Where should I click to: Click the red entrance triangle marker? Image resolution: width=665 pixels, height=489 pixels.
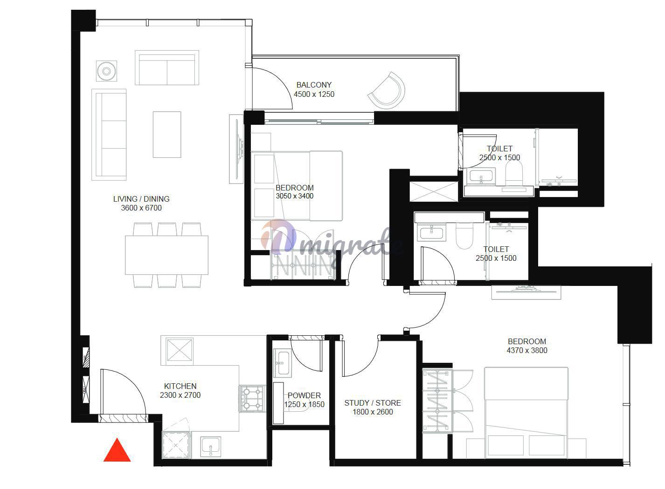point(117,451)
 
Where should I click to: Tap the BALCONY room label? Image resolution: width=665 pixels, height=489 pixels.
point(314,85)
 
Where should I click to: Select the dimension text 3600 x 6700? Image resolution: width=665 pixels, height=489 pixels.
point(141,208)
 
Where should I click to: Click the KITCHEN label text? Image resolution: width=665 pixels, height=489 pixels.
point(180,386)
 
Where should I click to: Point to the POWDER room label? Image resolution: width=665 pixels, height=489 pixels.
point(304,395)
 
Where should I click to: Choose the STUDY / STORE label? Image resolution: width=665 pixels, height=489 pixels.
point(373,403)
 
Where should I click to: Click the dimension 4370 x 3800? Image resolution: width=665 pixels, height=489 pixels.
point(527,350)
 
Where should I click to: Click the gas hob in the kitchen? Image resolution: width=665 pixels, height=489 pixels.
point(252,399)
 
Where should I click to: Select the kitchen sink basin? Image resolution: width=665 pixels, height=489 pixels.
point(210,447)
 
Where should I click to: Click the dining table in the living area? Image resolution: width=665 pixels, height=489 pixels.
point(166,255)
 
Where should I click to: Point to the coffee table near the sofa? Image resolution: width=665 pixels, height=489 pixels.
point(167,134)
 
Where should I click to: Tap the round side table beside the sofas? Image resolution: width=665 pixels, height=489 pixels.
point(106,71)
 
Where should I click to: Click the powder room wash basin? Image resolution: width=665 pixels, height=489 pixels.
point(282,363)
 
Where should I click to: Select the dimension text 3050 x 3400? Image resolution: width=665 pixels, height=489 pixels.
point(295,196)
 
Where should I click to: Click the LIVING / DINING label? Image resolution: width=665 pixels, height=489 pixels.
point(141,199)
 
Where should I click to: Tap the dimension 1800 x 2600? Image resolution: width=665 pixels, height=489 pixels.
point(373,412)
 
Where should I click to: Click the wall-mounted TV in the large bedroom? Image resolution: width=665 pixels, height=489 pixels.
point(526,292)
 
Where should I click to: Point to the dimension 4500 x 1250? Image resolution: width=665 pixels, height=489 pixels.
point(314,94)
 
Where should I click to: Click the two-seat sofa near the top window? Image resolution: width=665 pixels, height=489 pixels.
point(167,68)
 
